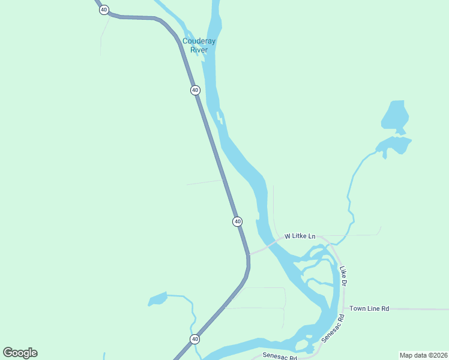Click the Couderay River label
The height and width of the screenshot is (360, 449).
pyautogui.click(x=199, y=46)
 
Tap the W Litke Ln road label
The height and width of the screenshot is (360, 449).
pyautogui.click(x=300, y=236)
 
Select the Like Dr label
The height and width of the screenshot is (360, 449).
pyautogui.click(x=343, y=275)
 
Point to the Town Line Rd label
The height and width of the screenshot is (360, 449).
pyautogui.click(x=369, y=308)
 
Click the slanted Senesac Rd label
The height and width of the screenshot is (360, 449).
pyautogui.click(x=333, y=328)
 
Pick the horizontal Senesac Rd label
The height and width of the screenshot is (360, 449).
pyautogui.click(x=280, y=357)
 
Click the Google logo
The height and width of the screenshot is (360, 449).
pyautogui.click(x=20, y=353)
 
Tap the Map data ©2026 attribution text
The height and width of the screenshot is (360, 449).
pyautogui.click(x=423, y=355)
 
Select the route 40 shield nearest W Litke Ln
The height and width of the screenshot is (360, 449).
pyautogui.click(x=238, y=221)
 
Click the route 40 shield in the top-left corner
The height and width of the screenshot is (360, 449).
pyautogui.click(x=104, y=10)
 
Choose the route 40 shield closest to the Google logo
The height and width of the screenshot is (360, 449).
pyautogui.click(x=195, y=340)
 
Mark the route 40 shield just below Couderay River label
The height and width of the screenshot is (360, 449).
pyautogui.click(x=195, y=90)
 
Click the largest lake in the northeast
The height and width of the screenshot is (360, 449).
pyautogui.click(x=395, y=116)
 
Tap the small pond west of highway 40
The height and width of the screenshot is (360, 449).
pyautogui.click(x=157, y=298)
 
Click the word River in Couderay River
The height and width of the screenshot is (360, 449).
pyautogui.click(x=199, y=50)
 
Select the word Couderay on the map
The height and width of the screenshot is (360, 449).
pyautogui.click(x=199, y=41)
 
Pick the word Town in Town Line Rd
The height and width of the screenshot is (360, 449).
pyautogui.click(x=358, y=308)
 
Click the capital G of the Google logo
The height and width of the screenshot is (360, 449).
pyautogui.click(x=8, y=353)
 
